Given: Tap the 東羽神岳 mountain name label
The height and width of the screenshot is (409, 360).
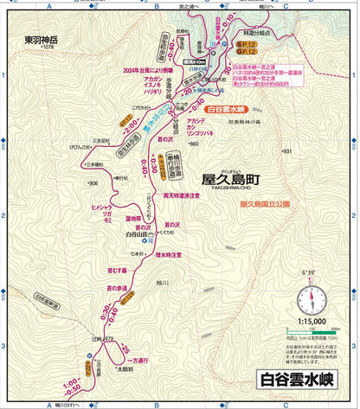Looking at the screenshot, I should tap(40, 39).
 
